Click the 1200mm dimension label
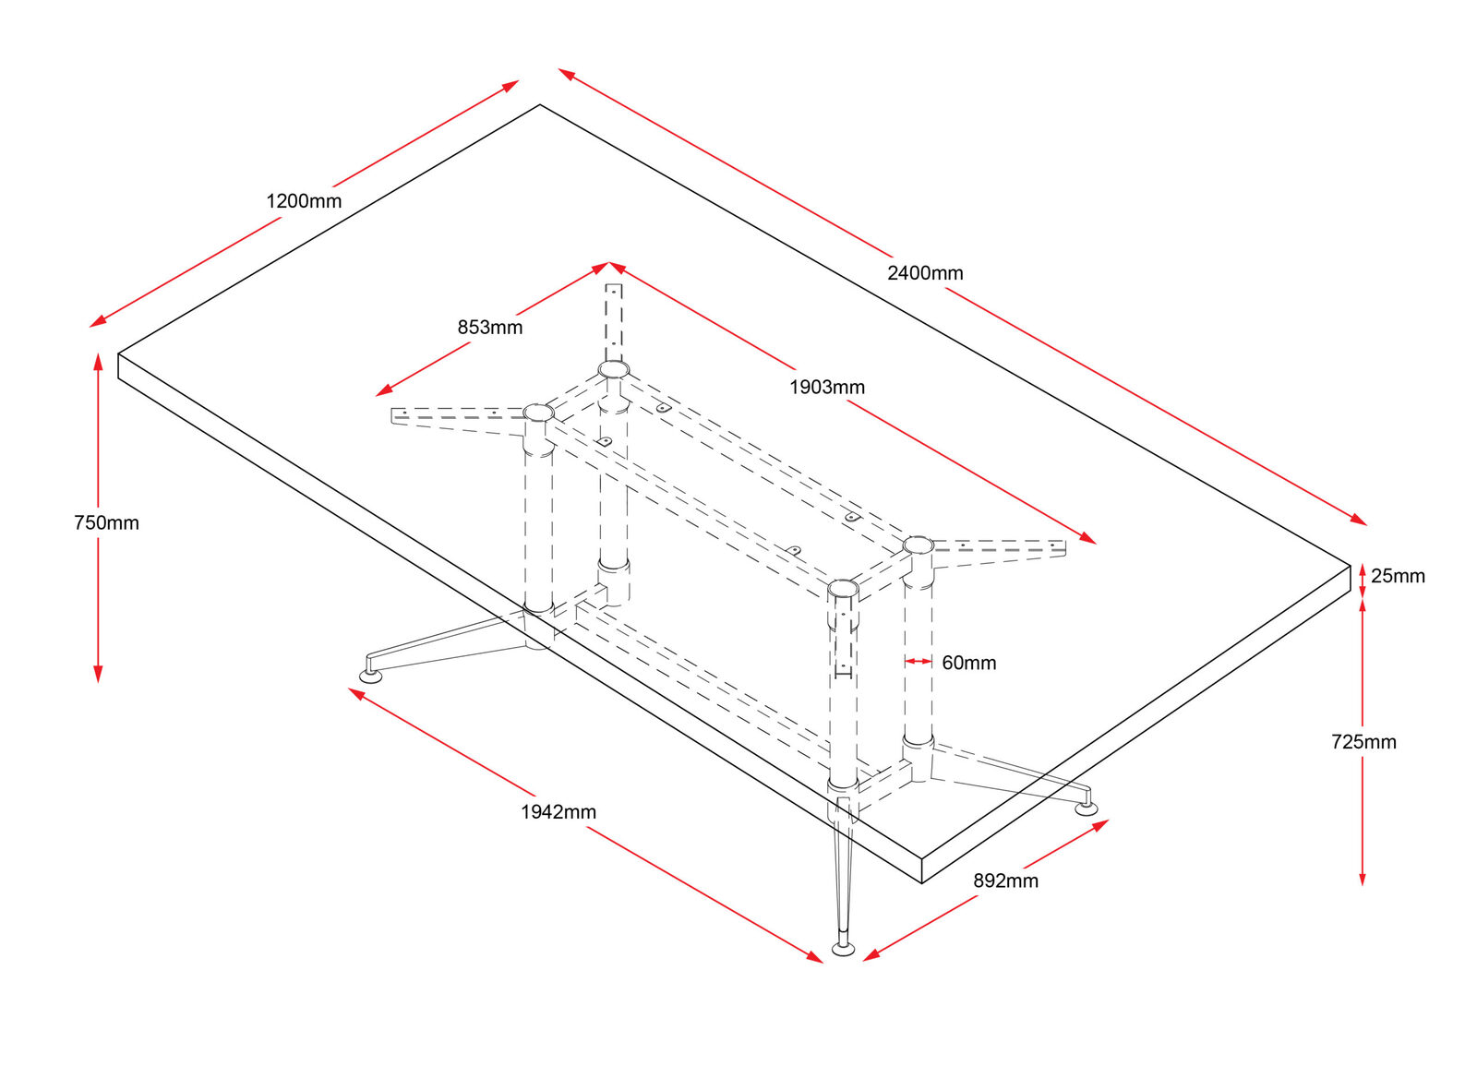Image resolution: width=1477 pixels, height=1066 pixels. pos(304,201)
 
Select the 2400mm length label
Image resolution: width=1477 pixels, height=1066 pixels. pos(925,273)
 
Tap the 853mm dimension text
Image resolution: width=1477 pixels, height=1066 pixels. pos(490,328)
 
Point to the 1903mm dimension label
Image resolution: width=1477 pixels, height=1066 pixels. pos(827,388)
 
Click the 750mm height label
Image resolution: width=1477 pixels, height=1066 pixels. pos(106,523)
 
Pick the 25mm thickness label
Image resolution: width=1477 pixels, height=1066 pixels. pos(1398,576)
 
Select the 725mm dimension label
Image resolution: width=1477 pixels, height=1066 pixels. pos(1363,742)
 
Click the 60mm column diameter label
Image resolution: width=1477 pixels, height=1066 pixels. pos(969,663)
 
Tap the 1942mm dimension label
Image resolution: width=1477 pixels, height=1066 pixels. pos(558,812)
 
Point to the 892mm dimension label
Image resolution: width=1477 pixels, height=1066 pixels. pos(1005,881)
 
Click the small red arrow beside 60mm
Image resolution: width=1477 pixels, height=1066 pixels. pos(919,661)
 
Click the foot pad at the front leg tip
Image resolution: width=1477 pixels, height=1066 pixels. pos(844,948)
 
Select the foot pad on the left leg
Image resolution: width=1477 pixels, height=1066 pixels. pos(370,676)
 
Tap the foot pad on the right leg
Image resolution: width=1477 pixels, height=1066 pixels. pos(1087,808)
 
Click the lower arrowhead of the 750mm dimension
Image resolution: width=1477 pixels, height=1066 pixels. pos(98,675)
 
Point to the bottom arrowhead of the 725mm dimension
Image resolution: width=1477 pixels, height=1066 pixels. pos(1363,878)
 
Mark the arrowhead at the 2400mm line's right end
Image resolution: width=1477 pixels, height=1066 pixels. pos(1359,520)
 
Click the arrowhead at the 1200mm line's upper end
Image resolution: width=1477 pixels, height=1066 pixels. pos(510,86)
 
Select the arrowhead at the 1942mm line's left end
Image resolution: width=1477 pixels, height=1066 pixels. pos(356,693)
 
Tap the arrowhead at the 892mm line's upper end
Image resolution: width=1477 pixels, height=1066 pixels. pos(1100,825)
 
